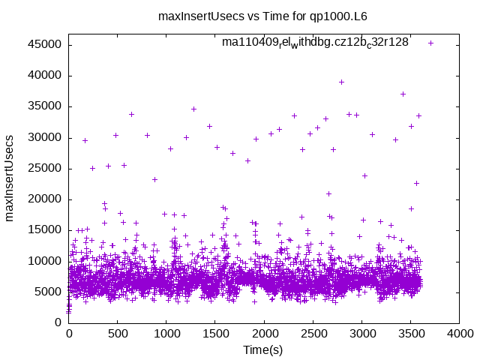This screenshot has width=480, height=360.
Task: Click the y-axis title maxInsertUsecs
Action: point(10,178)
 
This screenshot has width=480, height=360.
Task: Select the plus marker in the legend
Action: point(430,43)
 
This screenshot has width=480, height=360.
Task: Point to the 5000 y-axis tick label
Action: point(49,292)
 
